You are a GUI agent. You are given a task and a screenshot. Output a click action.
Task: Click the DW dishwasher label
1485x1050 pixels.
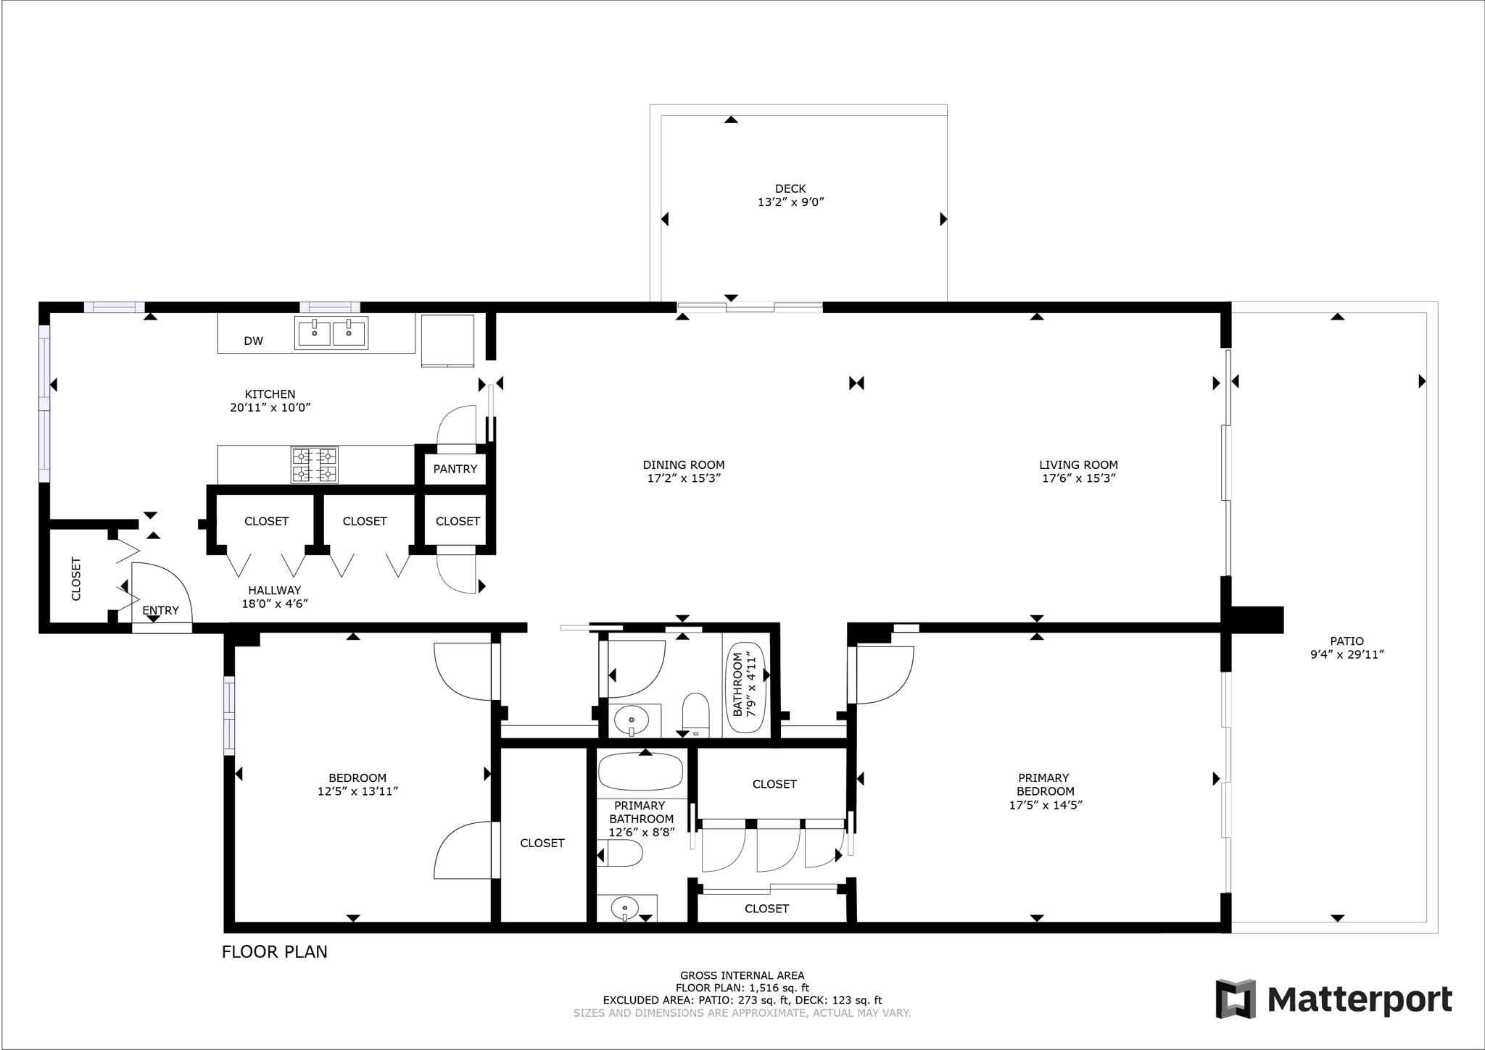(253, 341)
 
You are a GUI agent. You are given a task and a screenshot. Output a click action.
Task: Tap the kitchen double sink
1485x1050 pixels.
(331, 333)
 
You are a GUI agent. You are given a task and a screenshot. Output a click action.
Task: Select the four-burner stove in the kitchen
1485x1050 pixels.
(315, 464)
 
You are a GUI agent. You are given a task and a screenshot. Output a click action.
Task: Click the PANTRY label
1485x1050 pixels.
(455, 469)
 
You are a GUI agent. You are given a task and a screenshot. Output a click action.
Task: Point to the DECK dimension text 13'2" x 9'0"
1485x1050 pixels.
(790, 202)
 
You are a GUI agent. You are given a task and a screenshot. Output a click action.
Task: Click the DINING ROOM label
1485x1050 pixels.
(683, 464)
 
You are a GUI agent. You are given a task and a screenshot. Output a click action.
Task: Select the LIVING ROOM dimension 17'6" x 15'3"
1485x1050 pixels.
(1078, 478)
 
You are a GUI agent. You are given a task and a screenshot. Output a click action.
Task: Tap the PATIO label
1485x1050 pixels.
(1347, 641)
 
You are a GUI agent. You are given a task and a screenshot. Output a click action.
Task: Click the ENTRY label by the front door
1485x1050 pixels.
(160, 610)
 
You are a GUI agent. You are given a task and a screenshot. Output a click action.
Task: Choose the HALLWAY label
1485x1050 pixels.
(274, 590)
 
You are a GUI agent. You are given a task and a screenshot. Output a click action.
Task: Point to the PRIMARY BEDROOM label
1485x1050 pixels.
(1045, 785)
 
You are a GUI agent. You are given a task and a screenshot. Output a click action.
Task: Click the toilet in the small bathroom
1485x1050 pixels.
(696, 714)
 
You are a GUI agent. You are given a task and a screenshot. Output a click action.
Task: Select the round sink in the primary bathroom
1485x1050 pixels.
(624, 907)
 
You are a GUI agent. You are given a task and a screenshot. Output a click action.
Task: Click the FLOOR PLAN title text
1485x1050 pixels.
(274, 951)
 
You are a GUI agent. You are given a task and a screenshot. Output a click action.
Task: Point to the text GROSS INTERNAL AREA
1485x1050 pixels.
(742, 975)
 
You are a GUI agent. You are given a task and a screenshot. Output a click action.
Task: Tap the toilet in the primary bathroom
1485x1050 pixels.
(622, 854)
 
